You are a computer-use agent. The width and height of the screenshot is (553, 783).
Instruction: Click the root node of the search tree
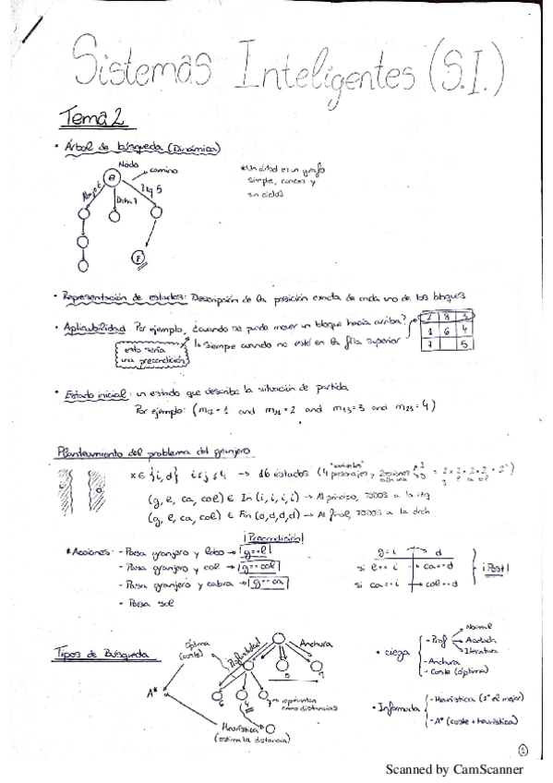pos(112,178)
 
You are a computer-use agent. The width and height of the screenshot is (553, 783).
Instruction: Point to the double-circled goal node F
pos(139,258)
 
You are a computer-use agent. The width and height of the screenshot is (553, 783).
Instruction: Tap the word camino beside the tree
pos(164,170)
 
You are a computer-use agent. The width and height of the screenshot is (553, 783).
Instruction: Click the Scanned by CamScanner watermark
pos(453,768)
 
